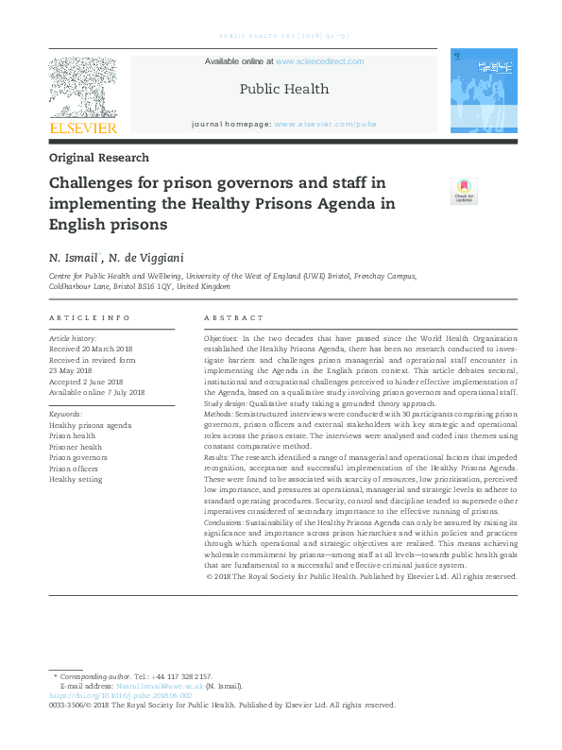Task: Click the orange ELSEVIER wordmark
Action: [x=82, y=128]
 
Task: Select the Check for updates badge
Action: [x=464, y=191]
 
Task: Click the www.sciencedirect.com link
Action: [x=319, y=61]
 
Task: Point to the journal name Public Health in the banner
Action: [x=284, y=90]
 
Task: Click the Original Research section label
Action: [x=98, y=158]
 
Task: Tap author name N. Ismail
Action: [x=73, y=258]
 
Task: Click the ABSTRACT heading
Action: [x=234, y=318]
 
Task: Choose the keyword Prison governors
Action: [x=78, y=457]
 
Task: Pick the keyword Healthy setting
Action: [x=75, y=480]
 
